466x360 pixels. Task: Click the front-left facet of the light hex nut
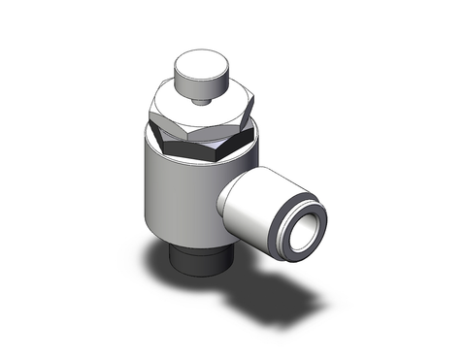coord(175,113)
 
